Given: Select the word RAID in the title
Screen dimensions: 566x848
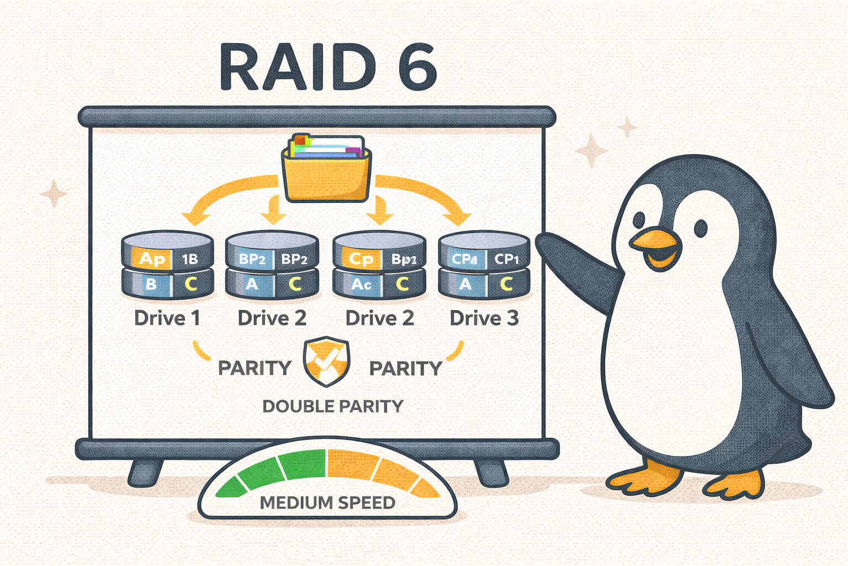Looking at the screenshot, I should (x=298, y=67).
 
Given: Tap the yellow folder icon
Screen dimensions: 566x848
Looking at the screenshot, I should (x=326, y=171).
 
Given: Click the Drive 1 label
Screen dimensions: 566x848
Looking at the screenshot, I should (x=167, y=318).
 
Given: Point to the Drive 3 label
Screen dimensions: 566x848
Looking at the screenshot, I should (x=484, y=318).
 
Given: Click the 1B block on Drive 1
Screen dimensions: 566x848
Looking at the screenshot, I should (x=190, y=259).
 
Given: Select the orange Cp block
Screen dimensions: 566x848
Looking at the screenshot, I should (x=362, y=259).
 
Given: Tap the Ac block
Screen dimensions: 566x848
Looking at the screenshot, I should (x=361, y=284).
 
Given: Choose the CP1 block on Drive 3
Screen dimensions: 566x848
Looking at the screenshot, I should (x=506, y=259).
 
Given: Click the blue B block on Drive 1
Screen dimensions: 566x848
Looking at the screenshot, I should (x=150, y=284).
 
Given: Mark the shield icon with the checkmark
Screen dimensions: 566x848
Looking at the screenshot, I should (x=326, y=362).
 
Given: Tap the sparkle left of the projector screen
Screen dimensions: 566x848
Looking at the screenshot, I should (x=54, y=193).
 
